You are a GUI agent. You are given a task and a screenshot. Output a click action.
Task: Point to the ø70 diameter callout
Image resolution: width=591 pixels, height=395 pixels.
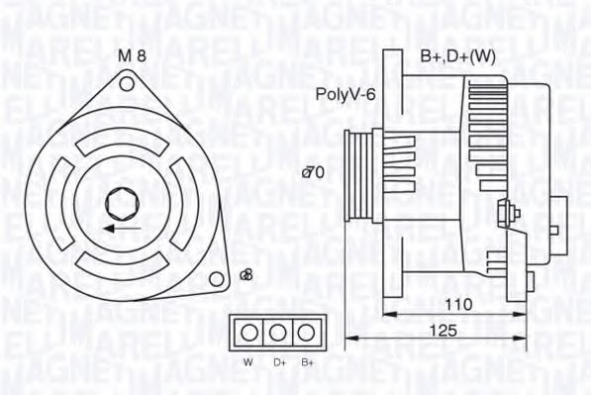click(x=313, y=172)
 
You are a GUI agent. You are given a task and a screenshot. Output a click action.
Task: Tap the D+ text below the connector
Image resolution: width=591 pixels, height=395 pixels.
click(x=279, y=363)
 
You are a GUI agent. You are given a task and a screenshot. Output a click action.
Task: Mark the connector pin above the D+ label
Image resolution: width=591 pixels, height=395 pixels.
click(x=279, y=331)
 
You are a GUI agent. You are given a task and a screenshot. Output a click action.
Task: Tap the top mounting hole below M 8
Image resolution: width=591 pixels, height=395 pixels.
click(x=126, y=84)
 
